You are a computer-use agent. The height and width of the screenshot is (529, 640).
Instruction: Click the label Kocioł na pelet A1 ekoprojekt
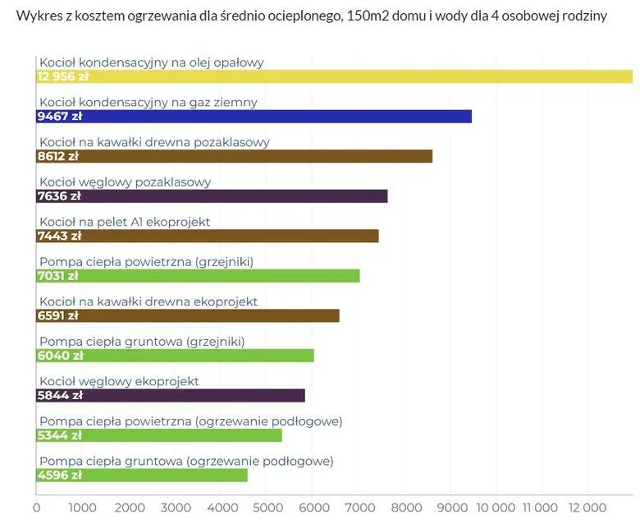click(x=125, y=222)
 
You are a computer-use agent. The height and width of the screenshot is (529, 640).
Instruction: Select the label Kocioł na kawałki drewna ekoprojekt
click(x=149, y=301)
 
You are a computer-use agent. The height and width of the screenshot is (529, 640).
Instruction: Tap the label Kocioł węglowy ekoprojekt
click(x=119, y=381)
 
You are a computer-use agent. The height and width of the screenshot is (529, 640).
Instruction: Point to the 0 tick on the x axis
click(x=36, y=508)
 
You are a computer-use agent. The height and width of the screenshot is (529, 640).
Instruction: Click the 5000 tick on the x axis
click(x=266, y=508)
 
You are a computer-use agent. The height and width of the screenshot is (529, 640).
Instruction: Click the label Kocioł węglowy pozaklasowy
click(x=126, y=182)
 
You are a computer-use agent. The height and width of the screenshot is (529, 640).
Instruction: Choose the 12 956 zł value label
click(x=63, y=76)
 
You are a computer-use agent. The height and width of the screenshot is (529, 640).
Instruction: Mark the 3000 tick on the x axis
click(x=174, y=508)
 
